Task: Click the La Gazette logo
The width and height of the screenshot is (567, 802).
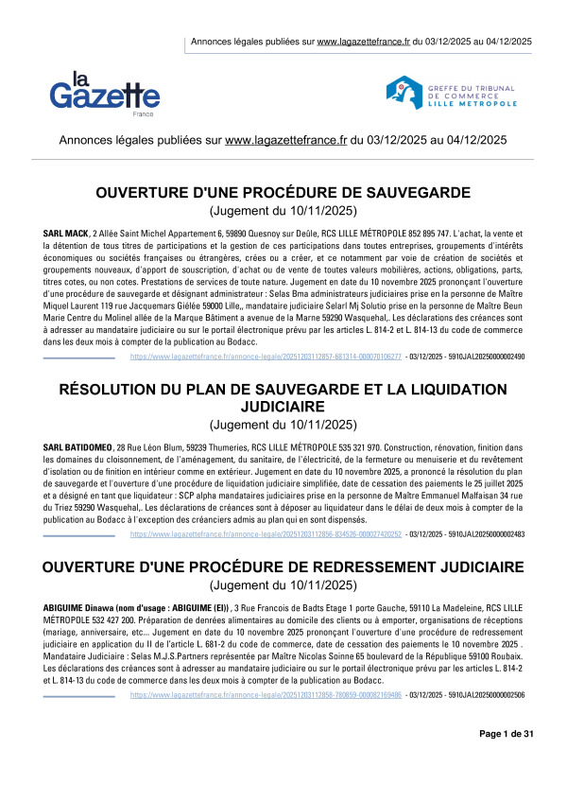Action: (105, 89)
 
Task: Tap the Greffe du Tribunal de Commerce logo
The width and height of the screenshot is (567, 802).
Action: (463, 92)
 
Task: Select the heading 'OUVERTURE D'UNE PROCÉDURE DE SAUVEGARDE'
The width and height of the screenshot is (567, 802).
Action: (283, 194)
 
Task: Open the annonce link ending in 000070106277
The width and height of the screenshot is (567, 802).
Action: (266, 357)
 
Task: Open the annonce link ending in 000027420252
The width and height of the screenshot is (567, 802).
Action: (266, 534)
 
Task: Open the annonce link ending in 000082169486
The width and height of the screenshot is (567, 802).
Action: (266, 721)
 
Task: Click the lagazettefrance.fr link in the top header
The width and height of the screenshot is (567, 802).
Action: (363, 42)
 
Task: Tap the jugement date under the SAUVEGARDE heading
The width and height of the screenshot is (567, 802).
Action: (283, 211)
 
